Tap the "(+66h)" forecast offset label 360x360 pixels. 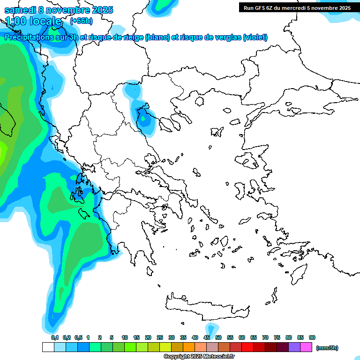(81, 21)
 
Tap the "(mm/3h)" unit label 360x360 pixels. (327, 348)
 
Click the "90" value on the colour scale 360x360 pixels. (312, 337)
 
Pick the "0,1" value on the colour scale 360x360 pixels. (55, 337)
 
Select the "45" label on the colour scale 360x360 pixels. (207, 337)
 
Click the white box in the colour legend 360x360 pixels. (48, 347)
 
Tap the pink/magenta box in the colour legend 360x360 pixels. (306, 347)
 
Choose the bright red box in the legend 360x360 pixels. (247, 347)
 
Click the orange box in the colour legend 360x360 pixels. (189, 347)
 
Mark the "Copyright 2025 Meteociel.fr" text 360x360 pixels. (199, 356)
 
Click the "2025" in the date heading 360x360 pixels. (100, 10)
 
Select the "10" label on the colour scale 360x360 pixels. (125, 337)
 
